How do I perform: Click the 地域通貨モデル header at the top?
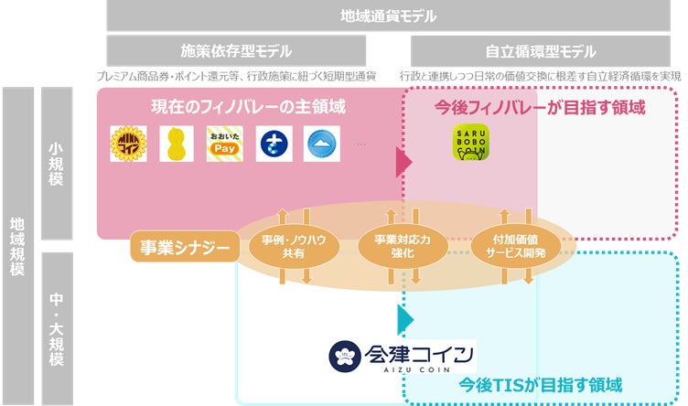click(388, 16)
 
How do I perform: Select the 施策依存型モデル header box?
click(236, 51)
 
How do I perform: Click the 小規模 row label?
click(57, 165)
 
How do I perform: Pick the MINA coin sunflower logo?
click(128, 144)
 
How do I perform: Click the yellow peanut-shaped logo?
click(177, 144)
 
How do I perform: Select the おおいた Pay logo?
click(224, 144)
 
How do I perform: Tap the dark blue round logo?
click(273, 144)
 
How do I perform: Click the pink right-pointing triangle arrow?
click(403, 163)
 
